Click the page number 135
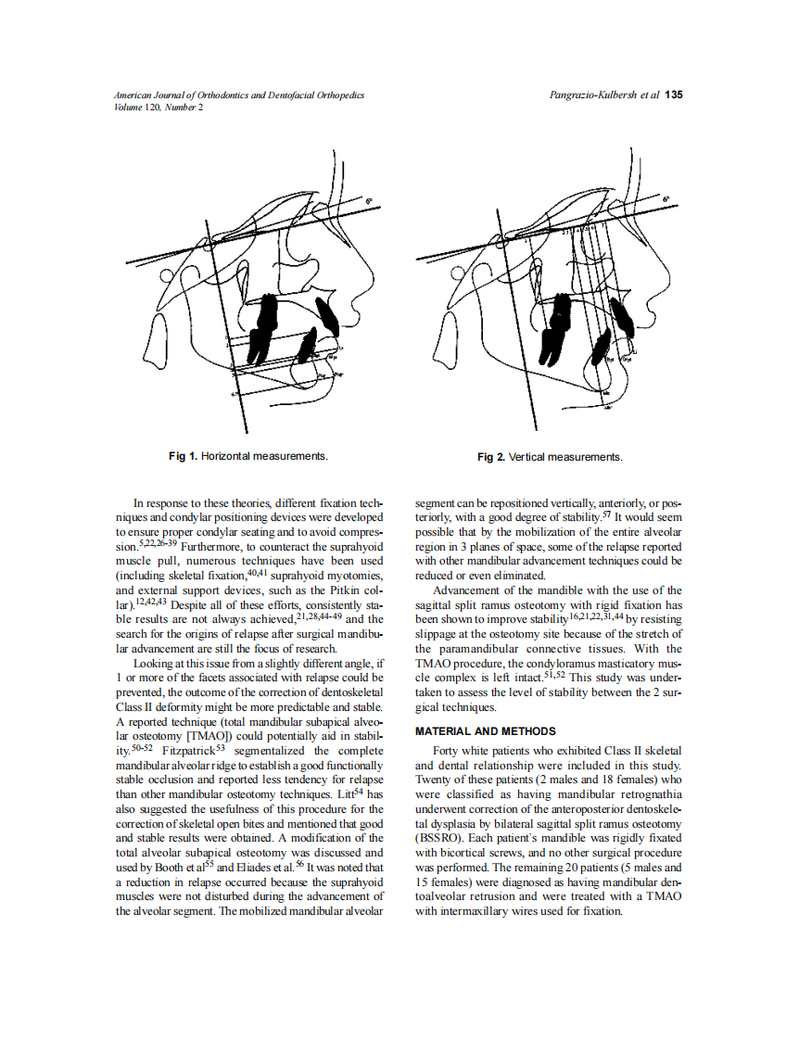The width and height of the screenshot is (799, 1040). pyautogui.click(x=674, y=95)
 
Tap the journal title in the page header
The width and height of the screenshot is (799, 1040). pyautogui.click(x=238, y=95)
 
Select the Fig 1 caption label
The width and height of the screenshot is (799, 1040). pyautogui.click(x=183, y=456)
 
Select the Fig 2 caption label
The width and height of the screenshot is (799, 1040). pyautogui.click(x=491, y=457)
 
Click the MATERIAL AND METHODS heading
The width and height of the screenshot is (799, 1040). pyautogui.click(x=485, y=731)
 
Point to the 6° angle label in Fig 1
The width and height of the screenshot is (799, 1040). pyautogui.click(x=367, y=201)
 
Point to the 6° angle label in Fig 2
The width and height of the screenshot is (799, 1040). pyautogui.click(x=666, y=199)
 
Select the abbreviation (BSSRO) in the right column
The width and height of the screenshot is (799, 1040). pyautogui.click(x=439, y=838)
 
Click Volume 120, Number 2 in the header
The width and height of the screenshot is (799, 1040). pyautogui.click(x=159, y=107)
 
